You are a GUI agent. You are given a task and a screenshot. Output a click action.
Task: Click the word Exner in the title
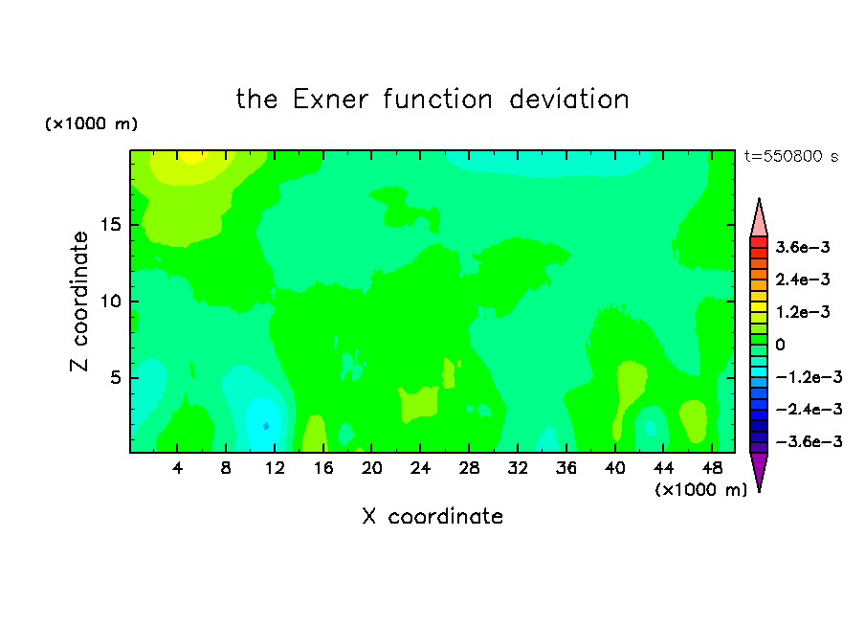(x=330, y=100)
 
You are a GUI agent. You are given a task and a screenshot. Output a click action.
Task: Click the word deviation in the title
(x=569, y=100)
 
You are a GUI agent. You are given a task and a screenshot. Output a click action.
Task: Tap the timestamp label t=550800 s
(x=791, y=156)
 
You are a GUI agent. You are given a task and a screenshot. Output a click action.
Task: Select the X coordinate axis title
(x=432, y=516)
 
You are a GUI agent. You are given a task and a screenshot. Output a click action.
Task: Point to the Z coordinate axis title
(x=79, y=302)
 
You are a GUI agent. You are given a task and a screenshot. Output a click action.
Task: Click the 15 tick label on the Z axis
(x=110, y=225)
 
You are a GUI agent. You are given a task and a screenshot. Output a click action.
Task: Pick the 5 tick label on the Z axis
(x=115, y=377)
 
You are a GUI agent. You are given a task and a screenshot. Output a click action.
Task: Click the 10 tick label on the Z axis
(x=110, y=302)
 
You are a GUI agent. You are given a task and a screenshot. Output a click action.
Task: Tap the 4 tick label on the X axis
(x=177, y=468)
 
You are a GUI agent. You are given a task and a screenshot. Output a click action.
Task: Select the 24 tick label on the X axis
(x=420, y=468)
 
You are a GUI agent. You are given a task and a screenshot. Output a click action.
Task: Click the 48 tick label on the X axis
(x=712, y=468)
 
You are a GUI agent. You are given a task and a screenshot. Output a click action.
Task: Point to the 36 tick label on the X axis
(x=566, y=468)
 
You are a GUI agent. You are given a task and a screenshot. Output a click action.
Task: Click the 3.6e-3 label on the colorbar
(x=803, y=247)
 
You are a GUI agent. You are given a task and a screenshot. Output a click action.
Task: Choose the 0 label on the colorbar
(x=780, y=345)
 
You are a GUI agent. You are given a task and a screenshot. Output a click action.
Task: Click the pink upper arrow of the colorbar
(x=759, y=220)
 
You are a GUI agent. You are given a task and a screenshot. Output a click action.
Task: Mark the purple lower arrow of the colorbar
(x=759, y=469)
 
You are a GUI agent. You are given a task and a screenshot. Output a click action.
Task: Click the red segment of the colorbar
(x=759, y=242)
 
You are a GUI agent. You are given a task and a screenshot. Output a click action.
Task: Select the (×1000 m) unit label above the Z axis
(x=91, y=123)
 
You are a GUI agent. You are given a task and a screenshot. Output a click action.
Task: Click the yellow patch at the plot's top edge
(x=192, y=156)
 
